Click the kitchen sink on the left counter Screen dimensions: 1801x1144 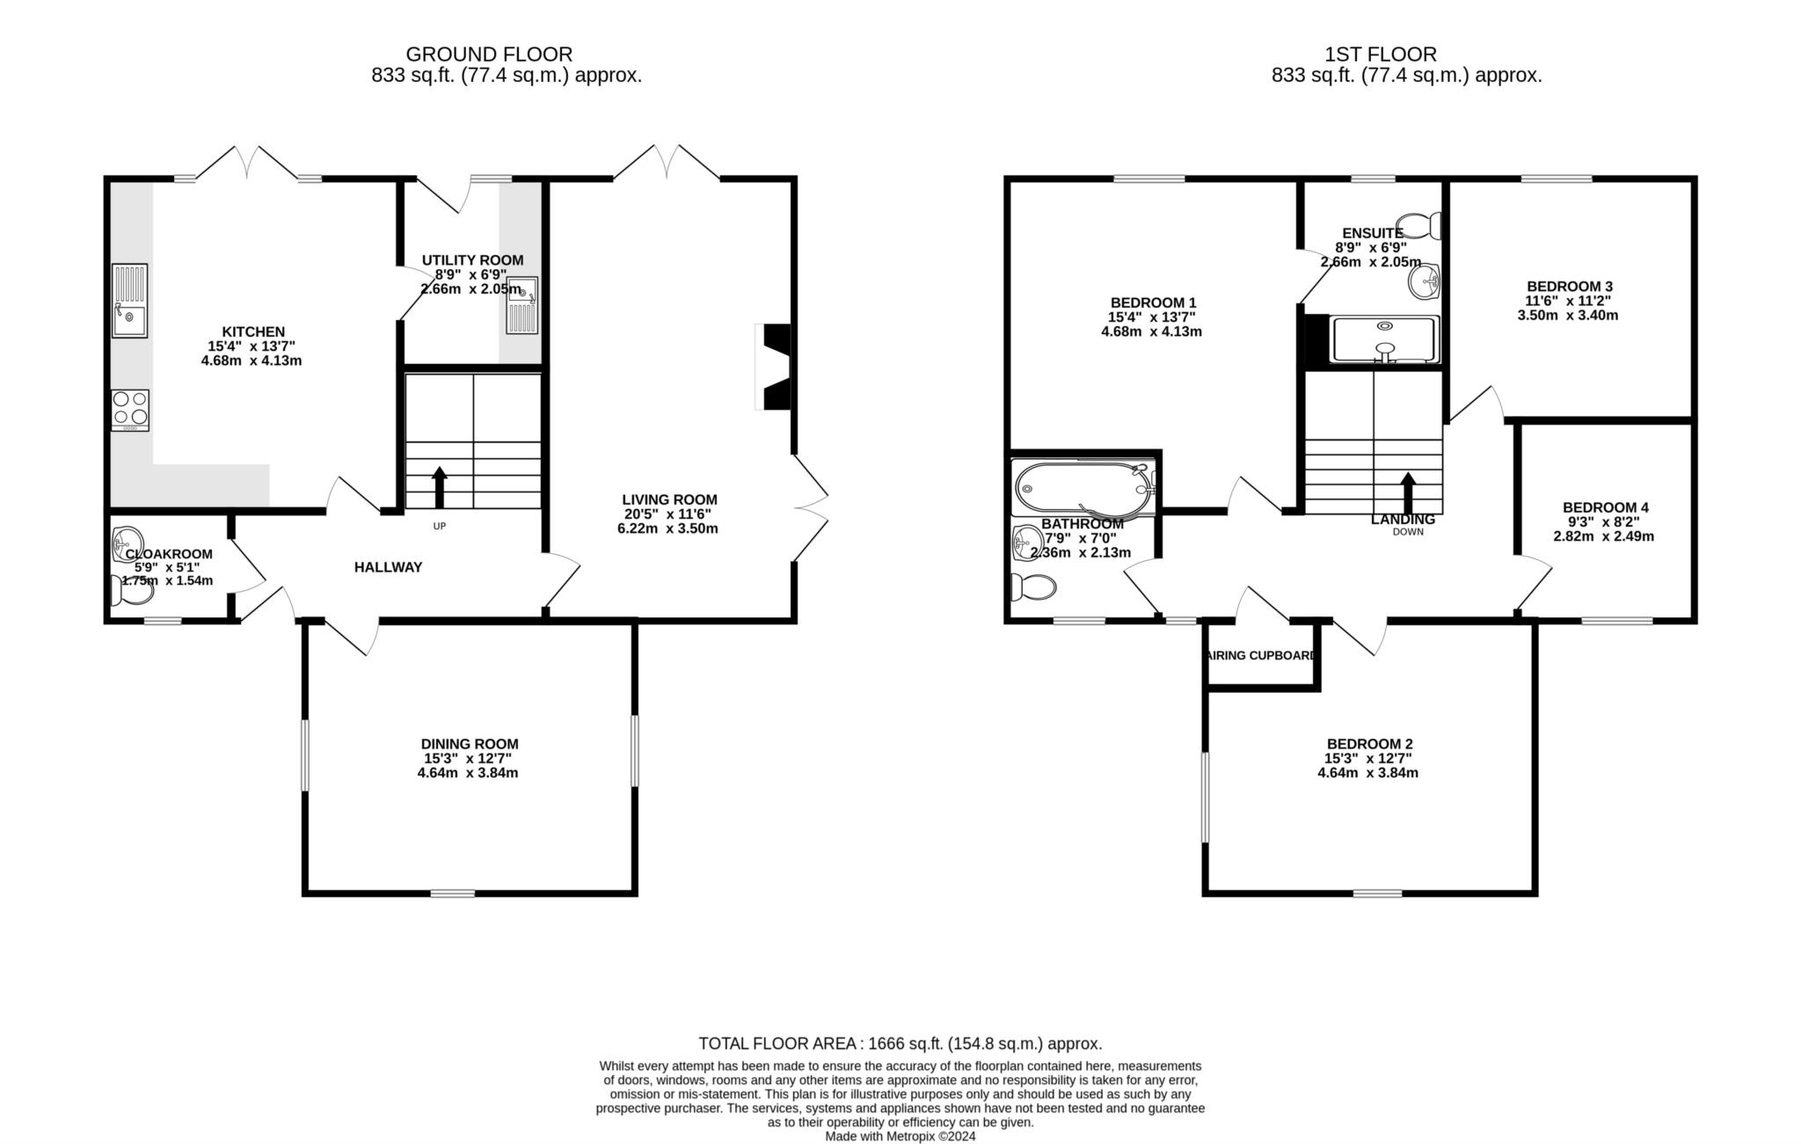tap(130, 301)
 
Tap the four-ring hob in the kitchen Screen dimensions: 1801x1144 tap(130, 410)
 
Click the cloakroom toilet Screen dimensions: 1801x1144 tap(133, 591)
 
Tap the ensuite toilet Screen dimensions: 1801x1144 tap(1421, 225)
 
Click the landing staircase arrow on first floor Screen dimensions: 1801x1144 tap(1408, 493)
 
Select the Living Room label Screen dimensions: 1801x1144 tap(669, 499)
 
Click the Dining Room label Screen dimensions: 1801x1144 tap(470, 744)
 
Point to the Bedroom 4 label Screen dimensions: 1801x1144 tap(1605, 507)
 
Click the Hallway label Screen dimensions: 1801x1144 tap(388, 567)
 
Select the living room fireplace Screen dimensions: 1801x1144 tap(774, 367)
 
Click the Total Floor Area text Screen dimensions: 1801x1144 tap(900, 1044)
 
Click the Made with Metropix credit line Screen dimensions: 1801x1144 tap(900, 1136)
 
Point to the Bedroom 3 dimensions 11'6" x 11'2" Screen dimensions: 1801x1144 tap(1568, 301)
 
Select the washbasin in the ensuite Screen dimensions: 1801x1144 tap(1424, 281)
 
